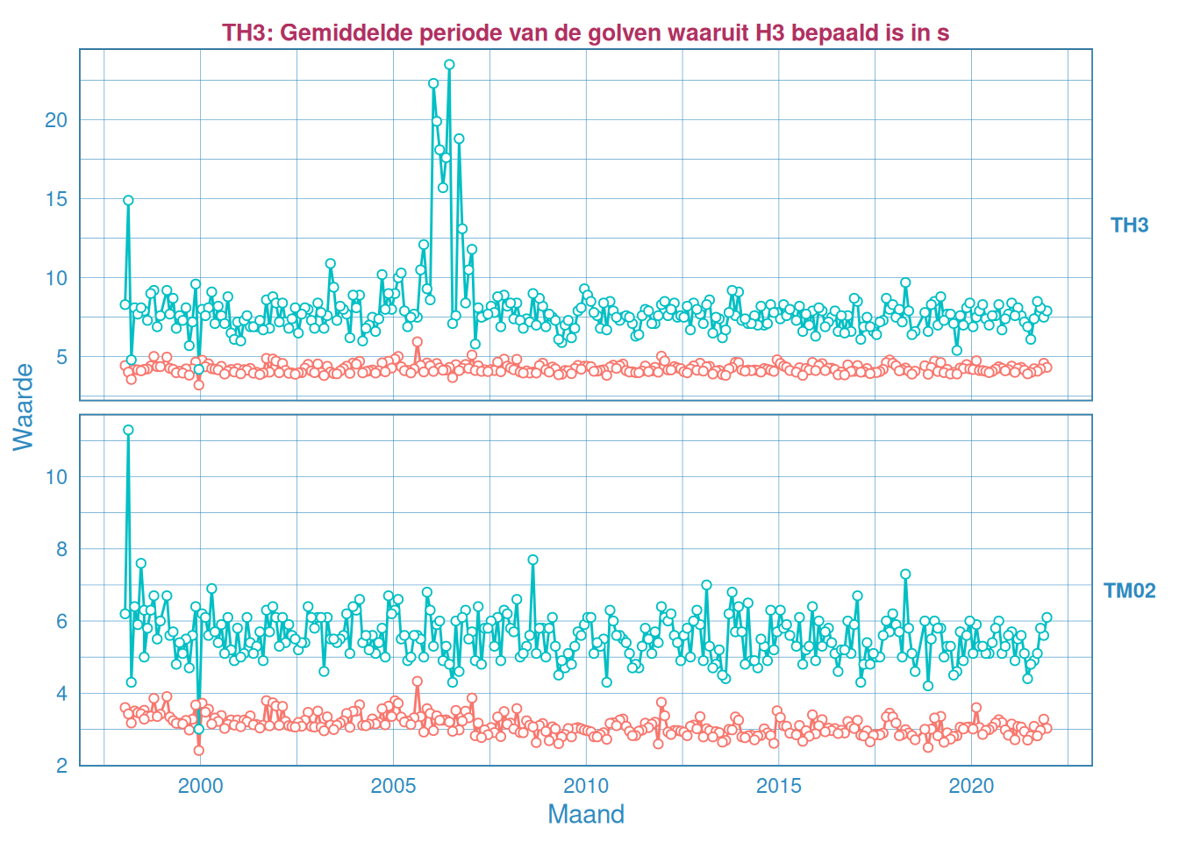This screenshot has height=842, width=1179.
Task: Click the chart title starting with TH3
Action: [x=585, y=32]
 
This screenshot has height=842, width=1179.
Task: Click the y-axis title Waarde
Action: [x=24, y=407]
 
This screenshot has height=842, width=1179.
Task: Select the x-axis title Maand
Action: [x=585, y=814]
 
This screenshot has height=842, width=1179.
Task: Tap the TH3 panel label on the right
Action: [x=1129, y=225]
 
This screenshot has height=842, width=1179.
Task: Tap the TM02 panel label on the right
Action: [x=1129, y=590]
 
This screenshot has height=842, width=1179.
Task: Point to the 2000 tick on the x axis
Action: [x=200, y=786]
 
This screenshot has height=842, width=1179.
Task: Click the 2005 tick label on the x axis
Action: [x=393, y=786]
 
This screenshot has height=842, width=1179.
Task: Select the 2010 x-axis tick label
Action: [x=585, y=786]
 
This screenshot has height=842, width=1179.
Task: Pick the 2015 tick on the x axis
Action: [x=778, y=786]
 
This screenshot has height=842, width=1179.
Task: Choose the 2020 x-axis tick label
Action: [x=971, y=786]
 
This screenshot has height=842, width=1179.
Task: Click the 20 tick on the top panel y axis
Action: [x=56, y=120]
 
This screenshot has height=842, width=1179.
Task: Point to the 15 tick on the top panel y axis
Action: [x=56, y=199]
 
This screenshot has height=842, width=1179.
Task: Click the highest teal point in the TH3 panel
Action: [x=449, y=65]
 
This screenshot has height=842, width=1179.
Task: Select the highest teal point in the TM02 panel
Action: [x=128, y=430]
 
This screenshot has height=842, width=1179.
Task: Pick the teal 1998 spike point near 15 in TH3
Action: [x=128, y=200]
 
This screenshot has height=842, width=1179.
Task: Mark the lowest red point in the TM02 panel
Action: [x=198, y=750]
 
